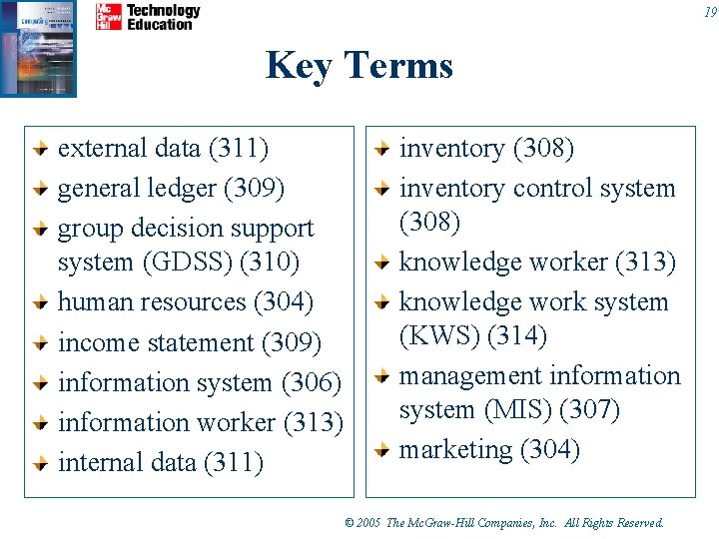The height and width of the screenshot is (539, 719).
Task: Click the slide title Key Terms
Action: (x=359, y=66)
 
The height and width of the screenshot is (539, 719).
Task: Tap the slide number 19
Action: (x=709, y=12)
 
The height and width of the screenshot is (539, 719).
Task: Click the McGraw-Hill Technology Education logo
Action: (x=148, y=17)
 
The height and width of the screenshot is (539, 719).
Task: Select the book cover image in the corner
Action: (x=38, y=47)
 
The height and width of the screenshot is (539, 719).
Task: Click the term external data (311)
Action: (x=163, y=149)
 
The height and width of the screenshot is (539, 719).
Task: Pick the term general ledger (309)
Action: (x=171, y=189)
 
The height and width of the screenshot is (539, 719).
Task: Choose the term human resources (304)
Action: (x=186, y=301)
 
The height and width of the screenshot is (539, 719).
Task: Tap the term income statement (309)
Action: (x=190, y=342)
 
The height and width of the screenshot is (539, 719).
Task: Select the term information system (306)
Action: (x=200, y=382)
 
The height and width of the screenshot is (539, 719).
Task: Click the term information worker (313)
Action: (x=201, y=422)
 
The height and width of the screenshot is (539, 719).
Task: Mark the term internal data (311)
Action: (x=161, y=463)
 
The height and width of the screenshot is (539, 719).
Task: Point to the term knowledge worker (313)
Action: (x=537, y=263)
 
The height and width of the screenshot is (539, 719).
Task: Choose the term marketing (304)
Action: (x=489, y=450)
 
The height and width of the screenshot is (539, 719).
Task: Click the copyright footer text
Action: (x=503, y=523)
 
